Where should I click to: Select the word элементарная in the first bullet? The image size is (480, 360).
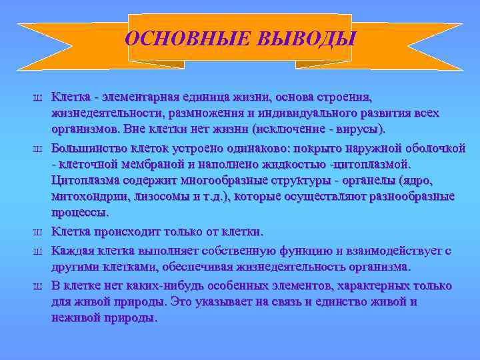click(137, 97)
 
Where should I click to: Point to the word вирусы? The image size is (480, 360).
click(359, 128)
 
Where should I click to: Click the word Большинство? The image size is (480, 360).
click(88, 147)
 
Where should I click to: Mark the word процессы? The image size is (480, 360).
click(79, 213)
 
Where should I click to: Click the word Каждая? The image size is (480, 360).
click(73, 251)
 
